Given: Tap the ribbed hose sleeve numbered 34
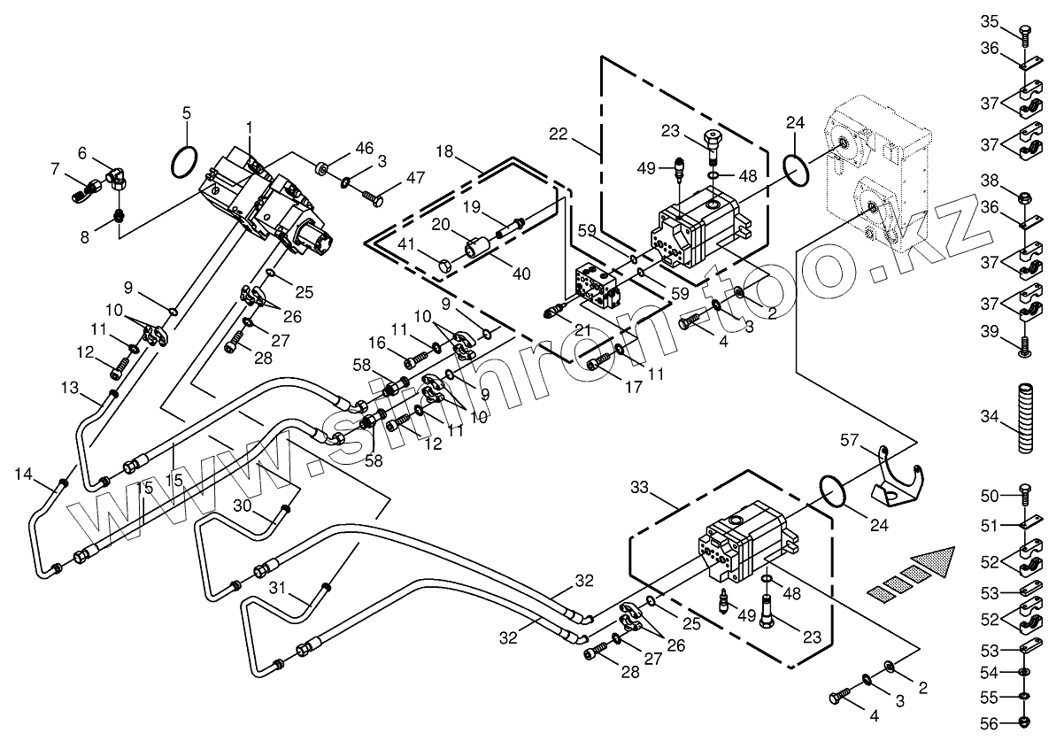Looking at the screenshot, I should coord(1025,418).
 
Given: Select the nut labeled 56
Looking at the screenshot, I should coord(1025,722).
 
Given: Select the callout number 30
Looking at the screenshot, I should coord(243,506).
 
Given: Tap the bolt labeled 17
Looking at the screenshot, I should coord(600,360).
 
